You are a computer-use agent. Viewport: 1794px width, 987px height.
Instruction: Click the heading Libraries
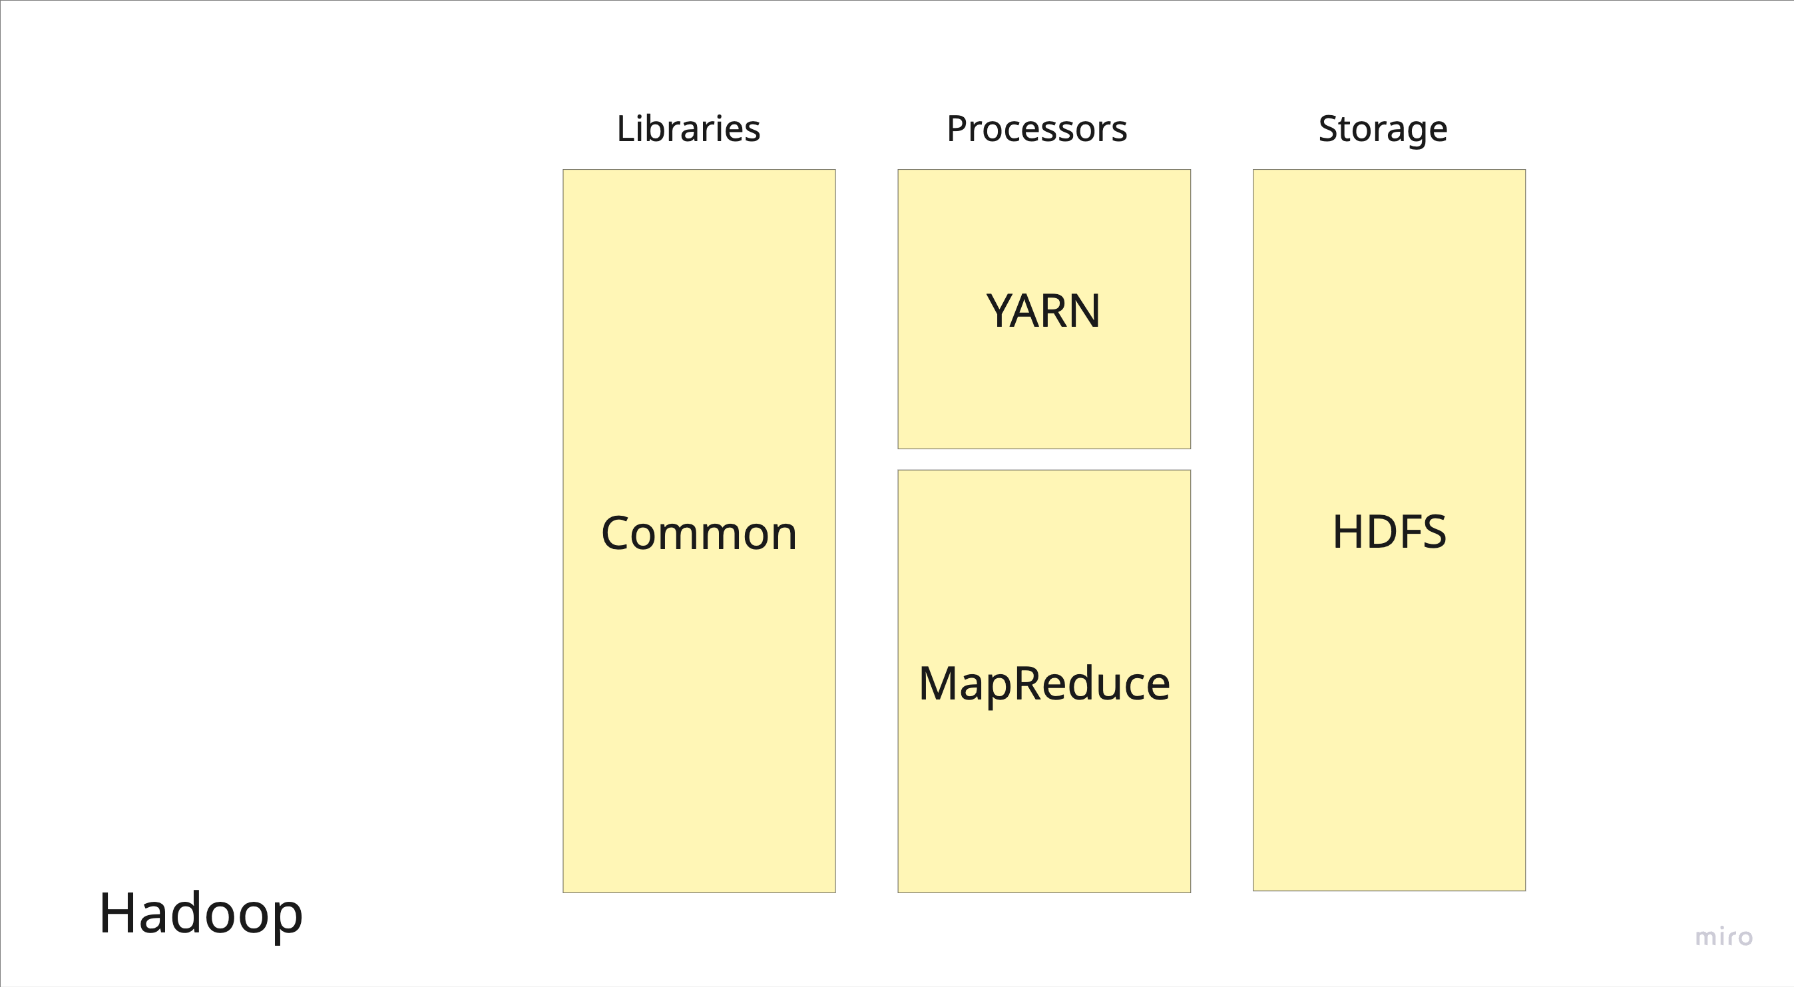pos(688,128)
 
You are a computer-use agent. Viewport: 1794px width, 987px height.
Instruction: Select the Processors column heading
pos(1036,128)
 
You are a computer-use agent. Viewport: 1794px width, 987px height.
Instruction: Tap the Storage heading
pos(1383,128)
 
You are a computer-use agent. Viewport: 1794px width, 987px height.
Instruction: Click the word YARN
pos(1043,310)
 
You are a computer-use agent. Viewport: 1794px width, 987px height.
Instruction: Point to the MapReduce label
pos(1043,684)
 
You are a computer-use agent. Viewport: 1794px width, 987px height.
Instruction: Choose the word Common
pos(698,533)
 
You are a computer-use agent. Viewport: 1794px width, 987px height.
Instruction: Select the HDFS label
pos(1389,532)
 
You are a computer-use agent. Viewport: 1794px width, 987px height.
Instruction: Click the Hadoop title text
pos(200,913)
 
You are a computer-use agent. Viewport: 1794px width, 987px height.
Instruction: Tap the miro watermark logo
pos(1723,937)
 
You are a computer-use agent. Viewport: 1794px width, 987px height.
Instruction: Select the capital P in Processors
pos(957,128)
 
